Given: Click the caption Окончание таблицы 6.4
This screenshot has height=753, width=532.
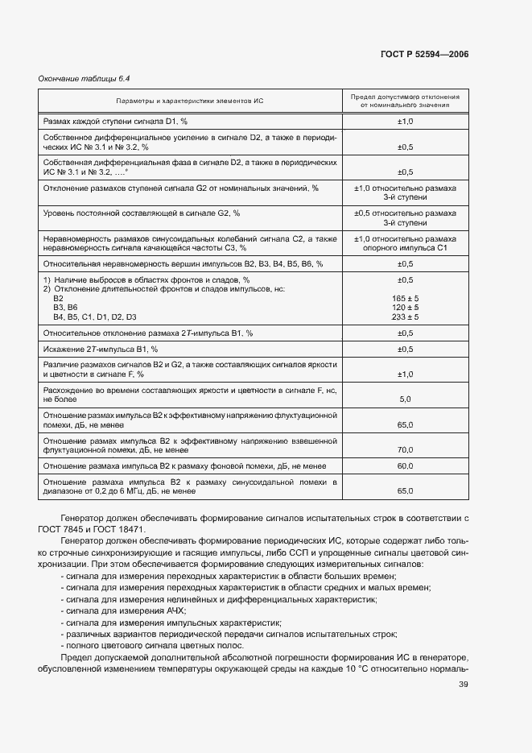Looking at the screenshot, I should [x=85, y=78].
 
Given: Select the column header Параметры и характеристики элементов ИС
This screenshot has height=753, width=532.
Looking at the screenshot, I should [x=190, y=100].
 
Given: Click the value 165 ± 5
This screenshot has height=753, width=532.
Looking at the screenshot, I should [x=405, y=299].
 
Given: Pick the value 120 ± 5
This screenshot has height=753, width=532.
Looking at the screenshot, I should [x=405, y=308].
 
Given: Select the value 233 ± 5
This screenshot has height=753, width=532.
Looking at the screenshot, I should [x=405, y=317].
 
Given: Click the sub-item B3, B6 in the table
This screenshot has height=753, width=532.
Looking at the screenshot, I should [x=65, y=308].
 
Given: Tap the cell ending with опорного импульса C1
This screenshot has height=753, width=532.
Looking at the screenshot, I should [x=405, y=248].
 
